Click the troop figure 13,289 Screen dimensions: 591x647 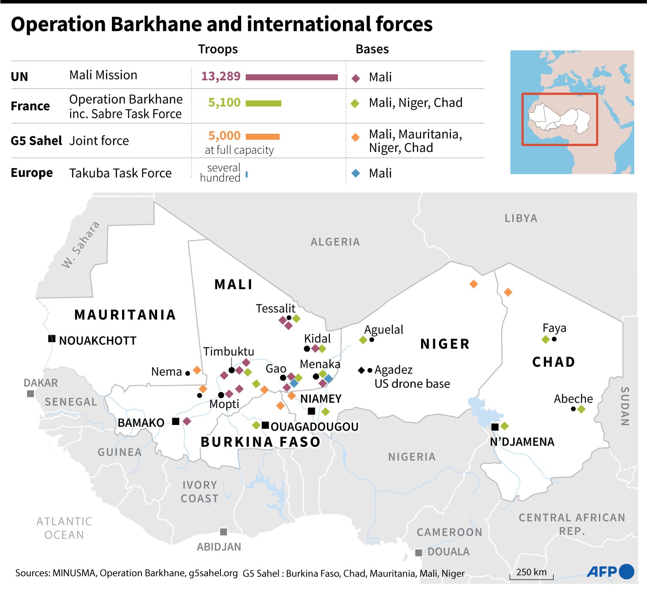point(220,76)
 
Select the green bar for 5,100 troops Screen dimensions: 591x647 point(263,103)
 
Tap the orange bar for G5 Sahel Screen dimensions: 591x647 point(262,136)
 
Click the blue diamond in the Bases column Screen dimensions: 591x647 point(356,173)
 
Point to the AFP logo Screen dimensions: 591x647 point(610,572)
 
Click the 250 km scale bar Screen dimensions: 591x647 point(531,577)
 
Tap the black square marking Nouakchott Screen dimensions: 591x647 point(52,339)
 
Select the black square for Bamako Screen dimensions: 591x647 point(176,421)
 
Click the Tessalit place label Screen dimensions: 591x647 point(275,309)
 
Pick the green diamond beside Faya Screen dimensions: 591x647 point(546,339)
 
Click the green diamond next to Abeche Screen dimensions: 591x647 point(582,409)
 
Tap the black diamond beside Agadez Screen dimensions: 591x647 point(361,370)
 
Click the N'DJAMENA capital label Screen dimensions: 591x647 point(522,442)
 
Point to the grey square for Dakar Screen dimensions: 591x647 point(30,394)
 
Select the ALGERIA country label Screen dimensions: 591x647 point(335,242)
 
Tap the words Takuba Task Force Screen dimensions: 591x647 point(120,173)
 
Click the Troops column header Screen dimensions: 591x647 point(218,49)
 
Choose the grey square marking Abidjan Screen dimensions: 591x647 point(223,532)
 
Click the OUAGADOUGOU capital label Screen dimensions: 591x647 point(314,427)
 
